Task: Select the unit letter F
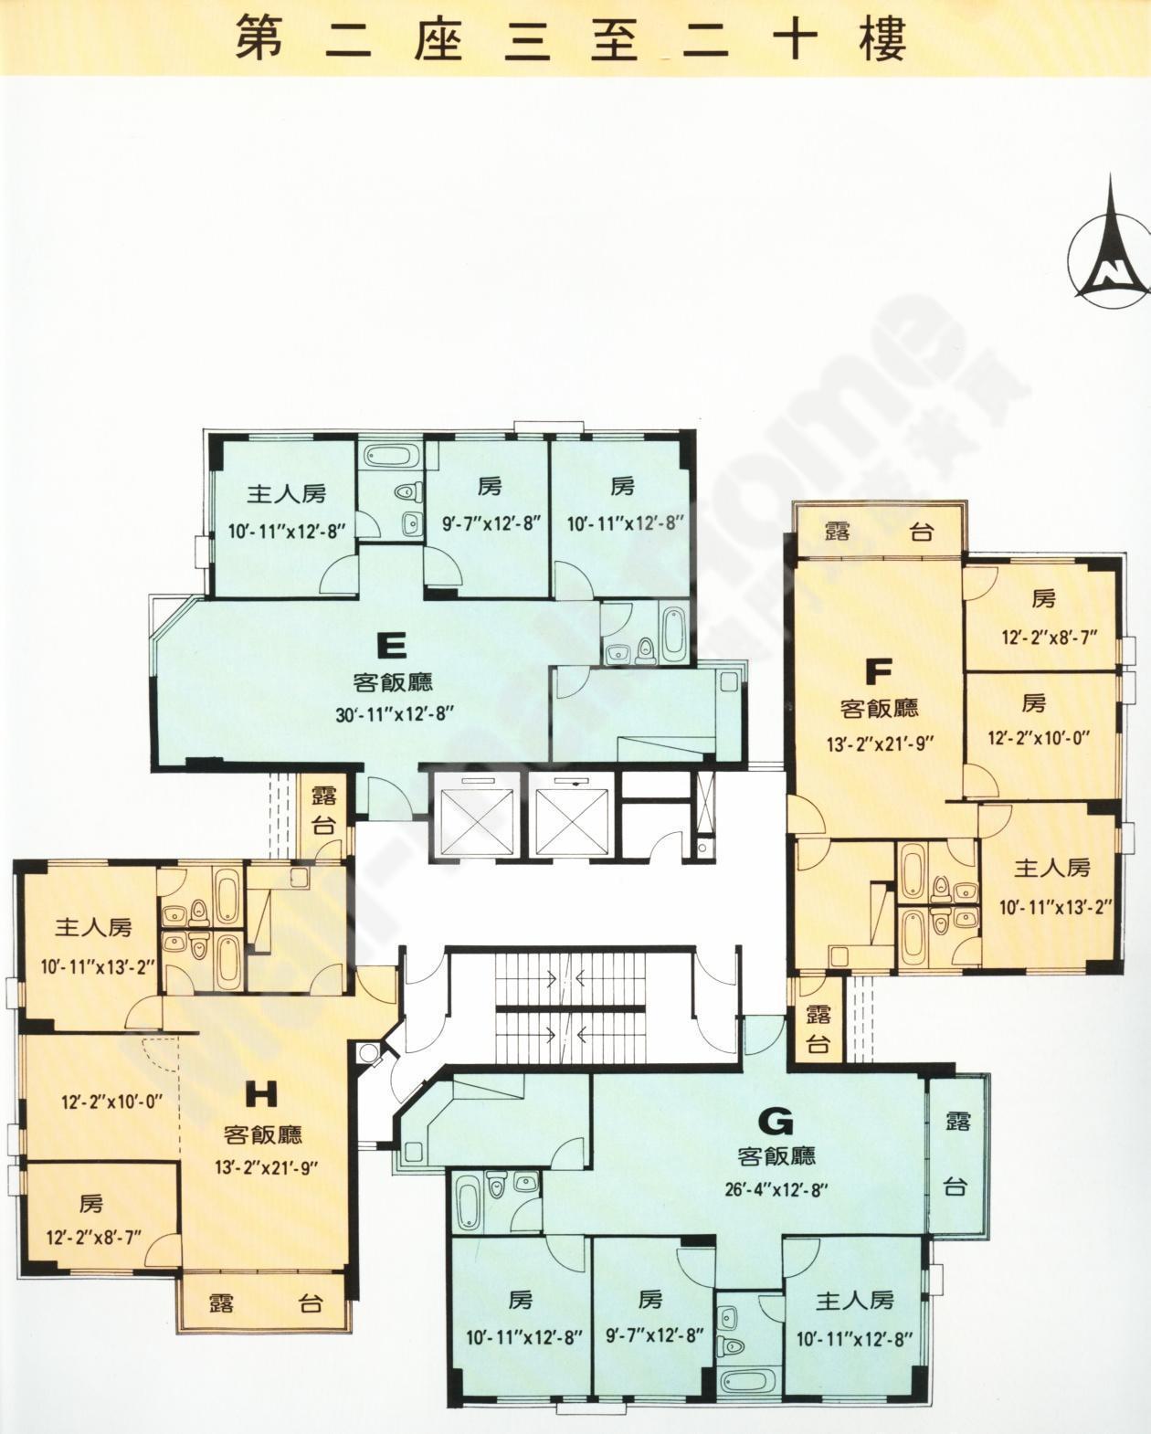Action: click(x=878, y=672)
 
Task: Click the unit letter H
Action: click(x=261, y=1095)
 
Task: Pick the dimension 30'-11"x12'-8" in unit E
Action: click(x=396, y=714)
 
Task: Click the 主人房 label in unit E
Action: click(x=287, y=494)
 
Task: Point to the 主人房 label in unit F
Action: click(x=1052, y=868)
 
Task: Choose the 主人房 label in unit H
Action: click(x=93, y=927)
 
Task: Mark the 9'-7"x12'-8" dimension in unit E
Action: click(x=491, y=523)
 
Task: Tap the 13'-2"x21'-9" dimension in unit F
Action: click(x=879, y=744)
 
